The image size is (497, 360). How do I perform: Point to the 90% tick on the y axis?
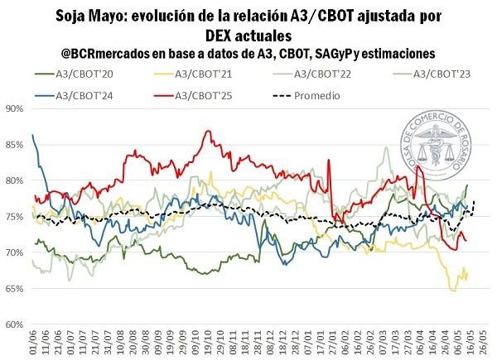(14, 108)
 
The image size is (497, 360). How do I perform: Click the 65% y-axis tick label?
(14, 288)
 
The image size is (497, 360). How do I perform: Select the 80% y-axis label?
(14, 180)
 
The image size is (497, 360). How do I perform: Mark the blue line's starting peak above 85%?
(32, 135)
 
